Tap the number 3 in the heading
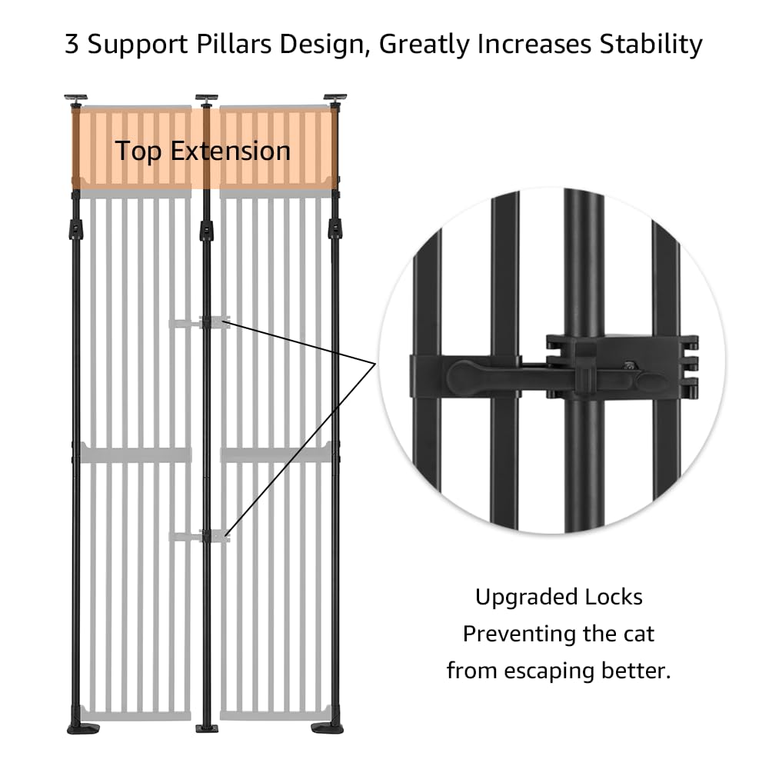click(72, 45)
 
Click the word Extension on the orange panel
click(230, 151)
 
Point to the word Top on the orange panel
click(139, 151)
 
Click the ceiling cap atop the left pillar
click(75, 98)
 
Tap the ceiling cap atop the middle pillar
click(206, 98)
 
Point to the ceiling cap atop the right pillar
click(335, 98)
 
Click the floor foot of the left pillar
click(82, 727)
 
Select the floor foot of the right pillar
click(328, 727)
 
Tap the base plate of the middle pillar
click(206, 727)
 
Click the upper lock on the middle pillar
click(206, 323)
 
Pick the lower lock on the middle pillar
click(206, 536)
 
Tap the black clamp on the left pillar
click(75, 228)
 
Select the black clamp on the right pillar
click(335, 228)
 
